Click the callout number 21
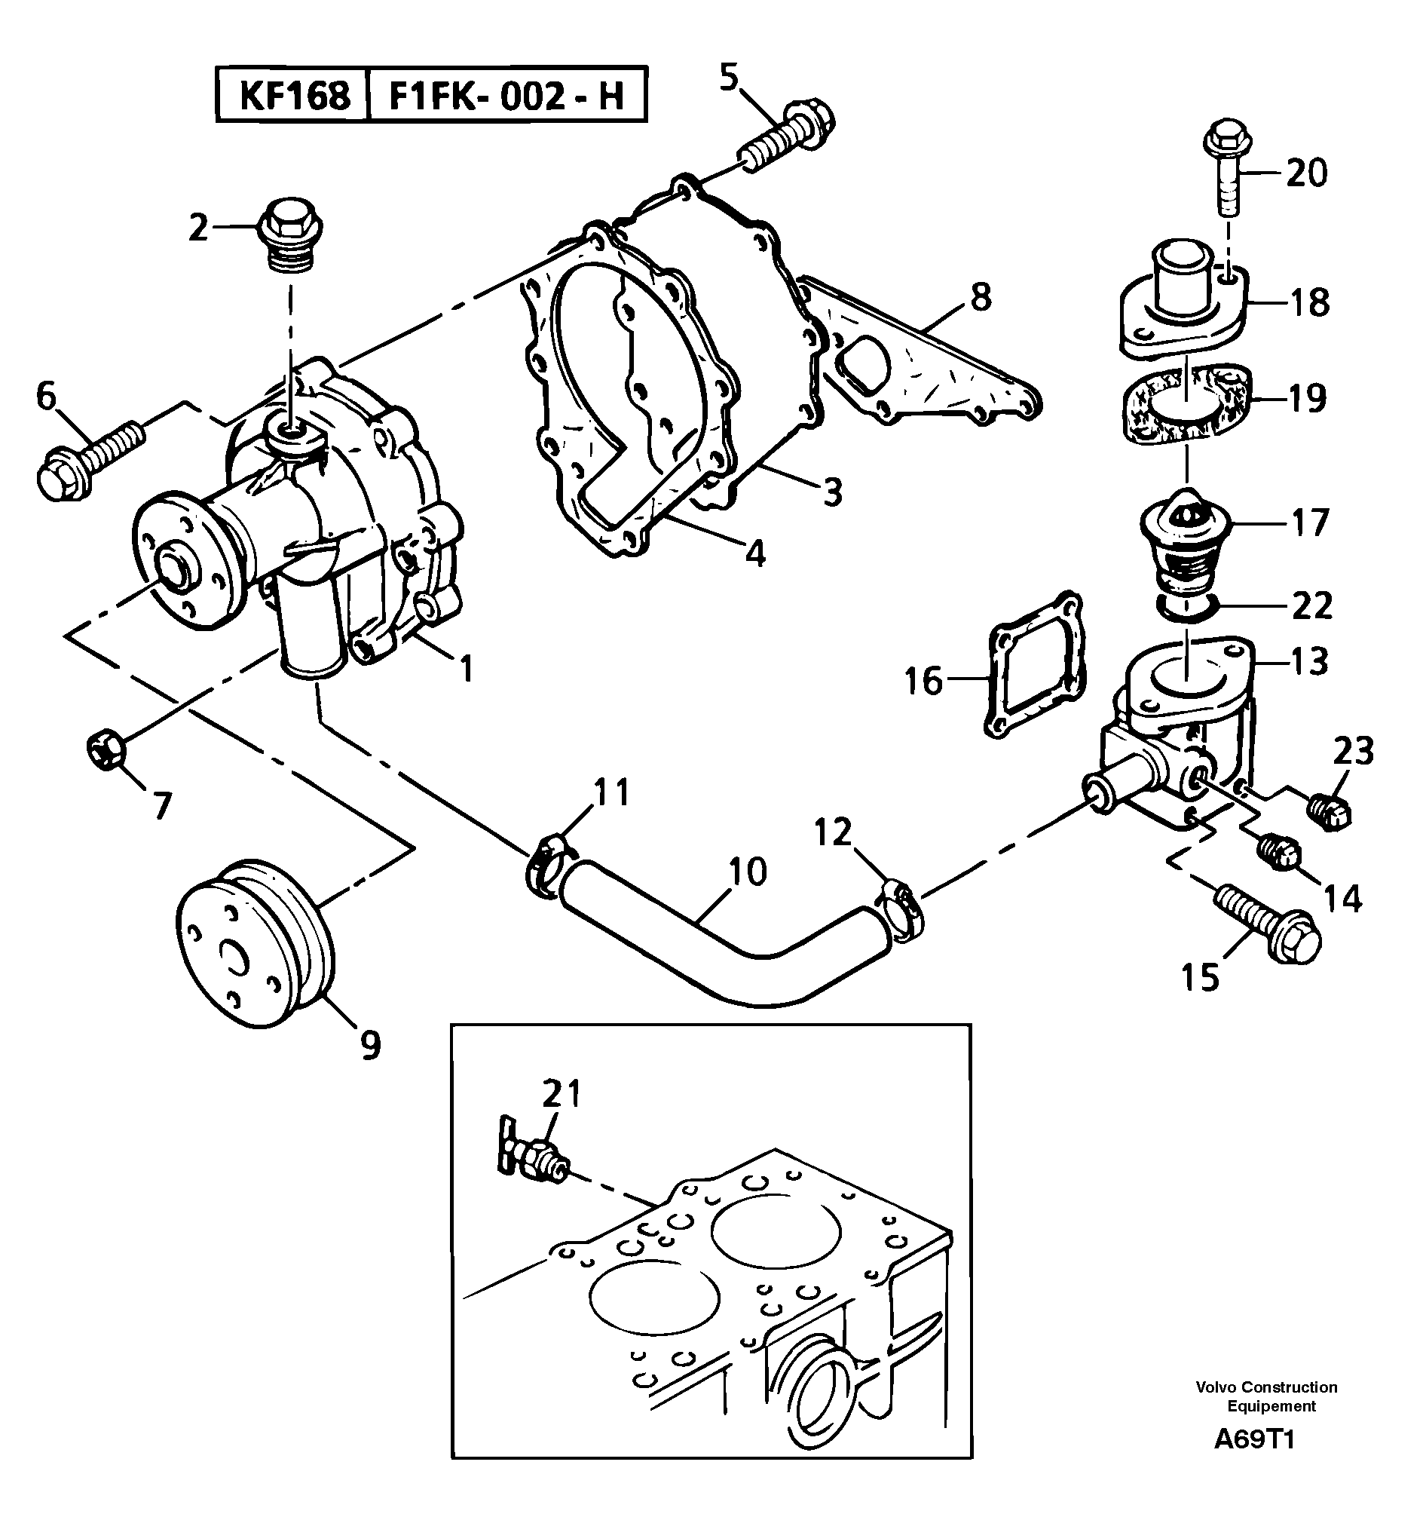[562, 1094]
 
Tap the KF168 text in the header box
[295, 97]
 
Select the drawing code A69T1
[1254, 1440]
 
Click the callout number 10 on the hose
[748, 872]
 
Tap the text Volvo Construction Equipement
[1265, 1396]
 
